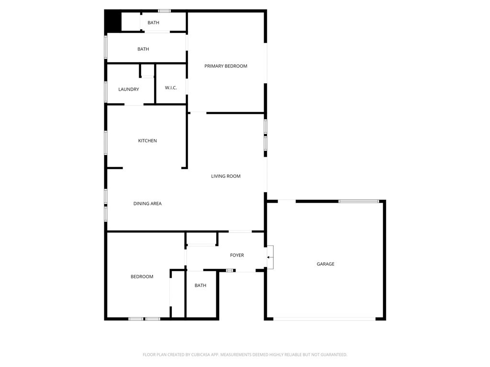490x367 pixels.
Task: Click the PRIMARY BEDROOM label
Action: tap(226, 66)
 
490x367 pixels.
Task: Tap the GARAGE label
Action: tap(325, 264)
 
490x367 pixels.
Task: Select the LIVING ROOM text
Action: tap(226, 176)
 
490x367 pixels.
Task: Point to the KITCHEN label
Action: tap(147, 140)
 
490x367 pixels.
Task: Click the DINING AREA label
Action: tap(147, 204)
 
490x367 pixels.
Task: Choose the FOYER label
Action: tap(237, 255)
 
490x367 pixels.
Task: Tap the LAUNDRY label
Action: tap(129, 89)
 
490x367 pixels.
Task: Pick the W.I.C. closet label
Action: tap(171, 88)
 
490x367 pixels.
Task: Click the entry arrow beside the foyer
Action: tap(270, 258)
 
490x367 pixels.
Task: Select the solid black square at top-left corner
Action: tap(112, 22)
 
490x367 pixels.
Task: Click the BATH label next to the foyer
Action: tap(200, 285)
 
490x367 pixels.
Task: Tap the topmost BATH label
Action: tap(153, 22)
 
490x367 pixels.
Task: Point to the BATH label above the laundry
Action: tap(143, 49)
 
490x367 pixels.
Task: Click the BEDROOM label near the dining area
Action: tap(142, 277)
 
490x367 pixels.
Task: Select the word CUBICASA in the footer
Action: tap(200, 355)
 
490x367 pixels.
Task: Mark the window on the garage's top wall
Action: tap(359, 201)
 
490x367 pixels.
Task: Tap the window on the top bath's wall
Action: tap(165, 11)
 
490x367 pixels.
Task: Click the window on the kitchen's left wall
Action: tap(106, 142)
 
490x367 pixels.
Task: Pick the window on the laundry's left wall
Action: tap(106, 92)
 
